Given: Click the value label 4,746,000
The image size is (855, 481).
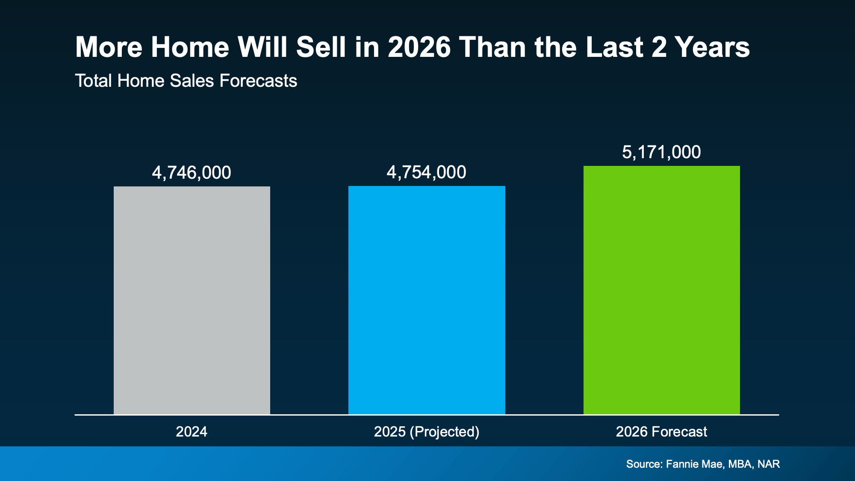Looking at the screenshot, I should (x=192, y=173).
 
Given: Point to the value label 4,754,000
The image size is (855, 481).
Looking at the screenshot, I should (x=426, y=172).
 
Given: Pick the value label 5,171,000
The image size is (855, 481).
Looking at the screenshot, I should (x=661, y=152).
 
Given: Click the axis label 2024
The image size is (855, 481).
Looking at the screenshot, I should (x=192, y=431).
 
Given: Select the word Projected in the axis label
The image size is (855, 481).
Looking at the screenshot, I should (x=444, y=432).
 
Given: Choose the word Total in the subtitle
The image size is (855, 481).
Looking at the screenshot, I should (x=94, y=81).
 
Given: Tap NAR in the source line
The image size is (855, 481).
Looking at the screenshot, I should (x=769, y=464).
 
